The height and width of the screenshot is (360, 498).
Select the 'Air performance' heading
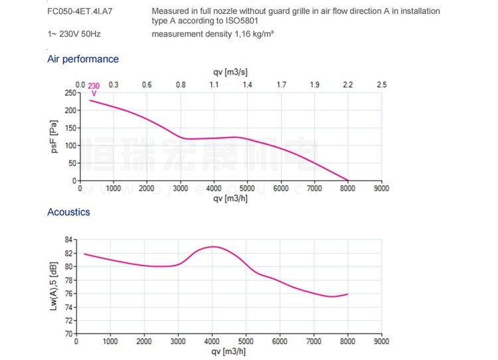click(x=83, y=59)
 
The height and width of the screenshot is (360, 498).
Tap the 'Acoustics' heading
click(x=68, y=213)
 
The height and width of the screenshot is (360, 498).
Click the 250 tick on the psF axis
click(x=69, y=93)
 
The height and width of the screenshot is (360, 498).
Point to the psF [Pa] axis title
click(x=54, y=137)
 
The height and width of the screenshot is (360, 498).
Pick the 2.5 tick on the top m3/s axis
click(x=381, y=85)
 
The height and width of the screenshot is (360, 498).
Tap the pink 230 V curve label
click(x=94, y=88)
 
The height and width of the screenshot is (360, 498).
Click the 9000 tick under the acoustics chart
click(x=381, y=342)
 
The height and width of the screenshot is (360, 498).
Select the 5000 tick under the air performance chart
click(x=247, y=189)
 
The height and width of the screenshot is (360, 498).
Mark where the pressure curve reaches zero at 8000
click(x=347, y=181)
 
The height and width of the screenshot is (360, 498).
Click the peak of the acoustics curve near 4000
click(x=212, y=246)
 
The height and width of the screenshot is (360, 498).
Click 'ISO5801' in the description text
click(x=241, y=21)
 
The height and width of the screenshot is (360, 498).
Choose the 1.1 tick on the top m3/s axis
click(x=214, y=85)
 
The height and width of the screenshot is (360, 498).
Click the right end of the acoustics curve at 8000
click(x=347, y=294)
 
